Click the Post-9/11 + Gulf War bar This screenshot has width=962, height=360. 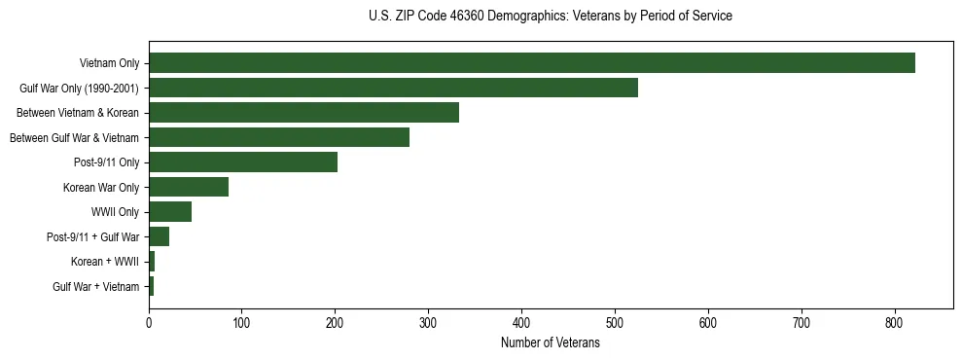coord(159,236)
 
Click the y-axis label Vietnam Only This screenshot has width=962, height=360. coord(110,63)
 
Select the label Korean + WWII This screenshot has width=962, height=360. coord(105,262)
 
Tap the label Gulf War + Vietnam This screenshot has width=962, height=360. coord(96,287)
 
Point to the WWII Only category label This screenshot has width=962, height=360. coord(115,212)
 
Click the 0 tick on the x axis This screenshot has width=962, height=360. coord(149,324)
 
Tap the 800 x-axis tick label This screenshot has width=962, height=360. coord(895,324)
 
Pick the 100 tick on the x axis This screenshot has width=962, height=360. coord(242,324)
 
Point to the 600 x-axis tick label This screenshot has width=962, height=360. coord(708,324)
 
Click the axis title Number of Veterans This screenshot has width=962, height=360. coord(550,343)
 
